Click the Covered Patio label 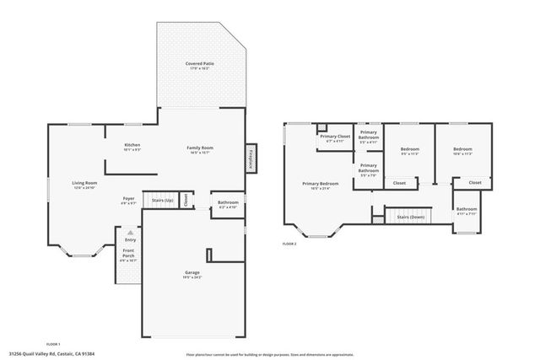(x=199, y=63)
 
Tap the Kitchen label (x=132, y=145)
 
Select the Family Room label (x=200, y=148)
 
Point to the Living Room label (x=84, y=183)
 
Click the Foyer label (x=128, y=199)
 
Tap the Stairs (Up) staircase (x=161, y=201)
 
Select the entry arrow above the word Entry (x=130, y=232)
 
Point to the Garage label (x=192, y=272)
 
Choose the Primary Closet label (x=334, y=136)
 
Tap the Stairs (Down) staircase (x=410, y=217)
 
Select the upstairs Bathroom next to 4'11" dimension (x=467, y=209)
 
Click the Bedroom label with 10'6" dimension (x=462, y=149)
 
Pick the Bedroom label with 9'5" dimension (x=410, y=149)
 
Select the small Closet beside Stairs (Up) (x=186, y=201)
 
